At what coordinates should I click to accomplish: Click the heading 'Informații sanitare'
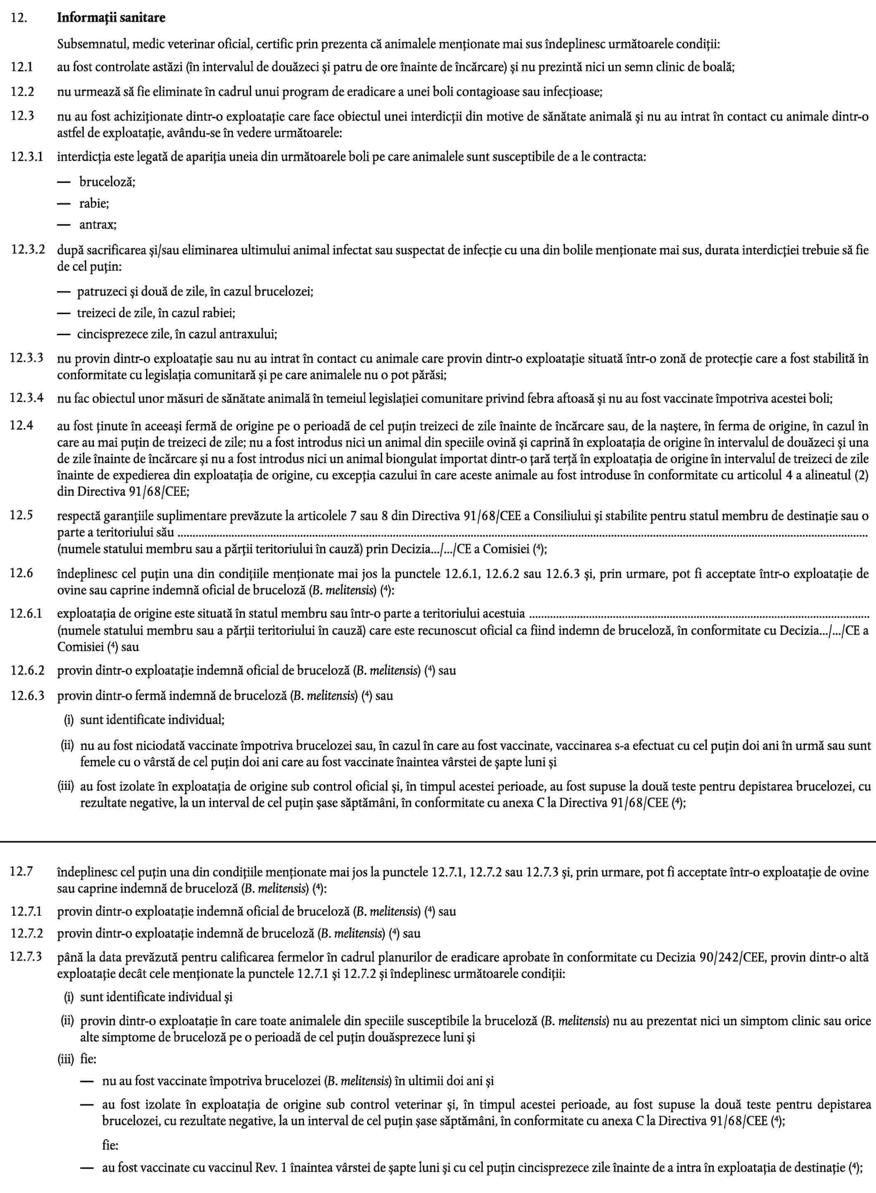(x=111, y=18)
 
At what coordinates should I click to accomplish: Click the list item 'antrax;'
(x=98, y=224)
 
